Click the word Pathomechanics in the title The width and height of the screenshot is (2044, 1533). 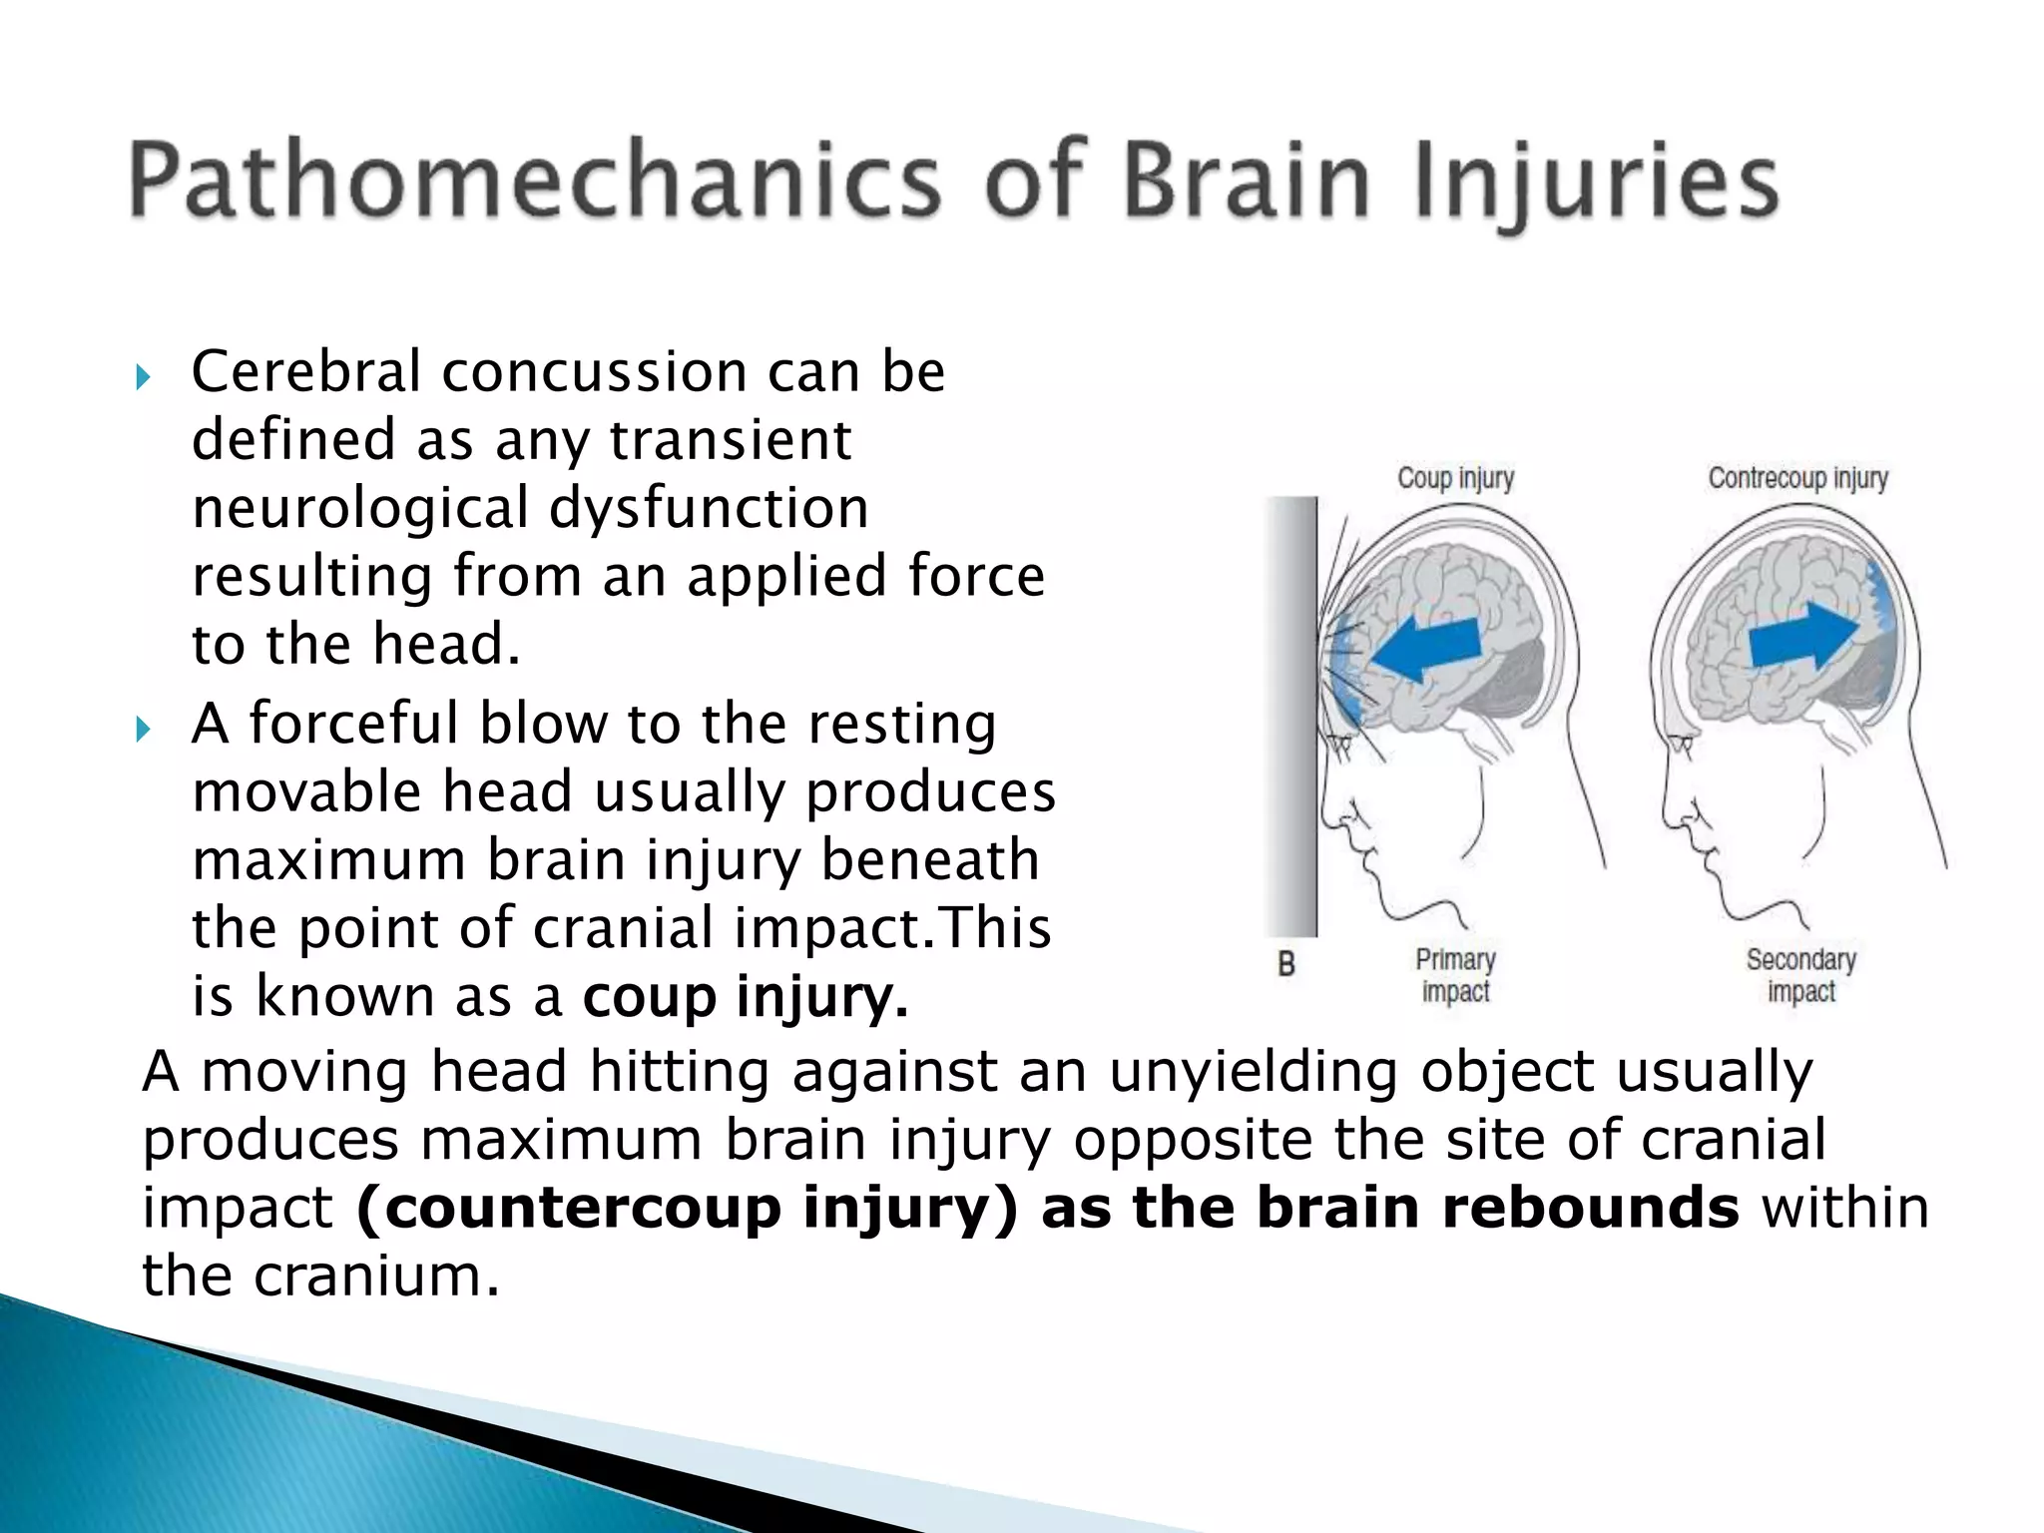tap(534, 183)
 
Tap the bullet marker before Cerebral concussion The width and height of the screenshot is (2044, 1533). tap(143, 377)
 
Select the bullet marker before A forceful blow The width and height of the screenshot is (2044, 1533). tap(143, 730)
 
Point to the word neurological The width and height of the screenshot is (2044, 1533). tap(359, 508)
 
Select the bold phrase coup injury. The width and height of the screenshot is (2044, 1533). tap(746, 997)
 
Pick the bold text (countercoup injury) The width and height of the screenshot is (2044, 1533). tap(687, 1209)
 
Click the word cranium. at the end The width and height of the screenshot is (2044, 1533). tap(375, 1276)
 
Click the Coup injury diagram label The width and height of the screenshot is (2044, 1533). tap(1455, 478)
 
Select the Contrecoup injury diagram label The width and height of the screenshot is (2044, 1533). tap(1797, 478)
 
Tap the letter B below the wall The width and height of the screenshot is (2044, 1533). tap(1286, 964)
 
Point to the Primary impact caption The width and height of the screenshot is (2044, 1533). tap(1455, 975)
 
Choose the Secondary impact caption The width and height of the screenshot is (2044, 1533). tap(1800, 975)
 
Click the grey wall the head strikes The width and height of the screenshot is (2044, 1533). tap(1291, 716)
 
